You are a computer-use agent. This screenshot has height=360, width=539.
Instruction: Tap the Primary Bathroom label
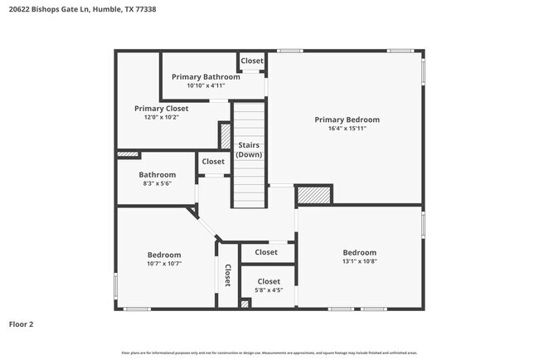(206, 76)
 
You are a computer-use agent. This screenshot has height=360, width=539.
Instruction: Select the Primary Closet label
(162, 108)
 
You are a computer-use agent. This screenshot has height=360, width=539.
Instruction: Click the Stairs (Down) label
(249, 150)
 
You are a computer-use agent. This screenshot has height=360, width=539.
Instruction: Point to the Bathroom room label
(157, 175)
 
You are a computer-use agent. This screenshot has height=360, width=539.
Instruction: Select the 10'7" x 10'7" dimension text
(164, 264)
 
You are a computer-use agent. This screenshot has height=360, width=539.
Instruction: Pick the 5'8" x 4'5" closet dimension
(268, 290)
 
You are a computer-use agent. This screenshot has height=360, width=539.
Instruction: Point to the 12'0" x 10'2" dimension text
(162, 117)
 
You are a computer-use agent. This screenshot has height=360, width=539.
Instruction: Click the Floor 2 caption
(21, 324)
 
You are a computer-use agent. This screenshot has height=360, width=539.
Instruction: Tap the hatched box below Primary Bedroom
(313, 195)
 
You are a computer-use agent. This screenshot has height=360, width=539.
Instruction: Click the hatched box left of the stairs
(225, 135)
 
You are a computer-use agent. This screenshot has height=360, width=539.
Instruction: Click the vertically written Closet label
(226, 277)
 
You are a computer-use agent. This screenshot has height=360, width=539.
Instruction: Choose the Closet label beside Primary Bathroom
(252, 61)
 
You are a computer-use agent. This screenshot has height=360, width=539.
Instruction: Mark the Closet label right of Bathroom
(213, 162)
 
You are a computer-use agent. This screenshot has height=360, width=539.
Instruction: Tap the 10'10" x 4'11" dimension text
(206, 85)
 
